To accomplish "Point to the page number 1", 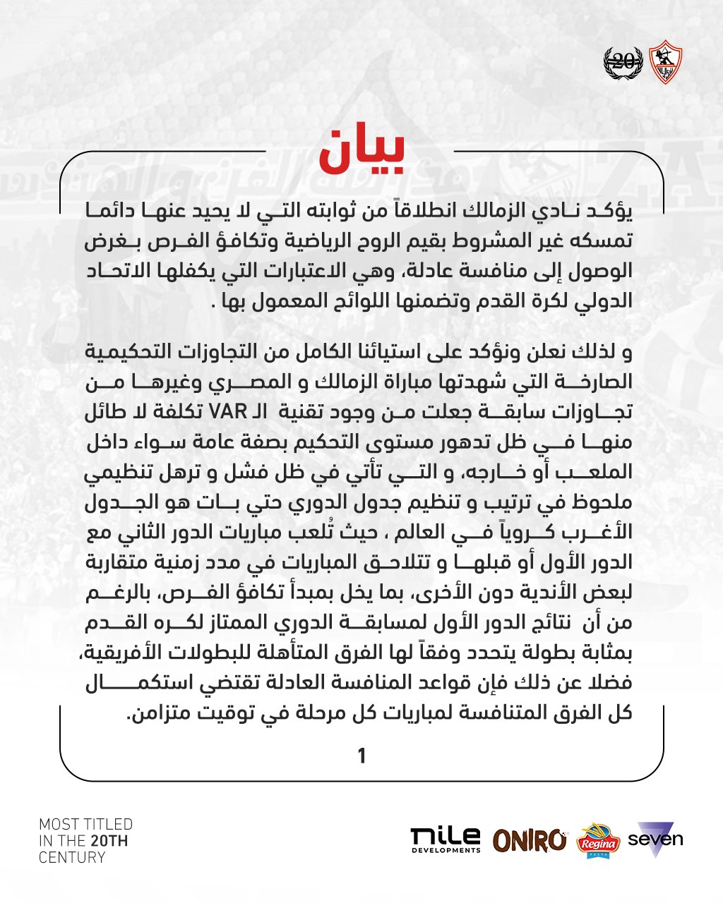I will point(361,756).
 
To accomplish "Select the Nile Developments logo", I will point(446,840).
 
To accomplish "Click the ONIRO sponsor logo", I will point(530,840).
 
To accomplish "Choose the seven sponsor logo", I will point(655,840).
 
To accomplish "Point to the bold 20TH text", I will point(109,841).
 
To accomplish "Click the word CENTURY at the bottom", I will point(72,858).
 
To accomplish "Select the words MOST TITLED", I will point(85,824).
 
